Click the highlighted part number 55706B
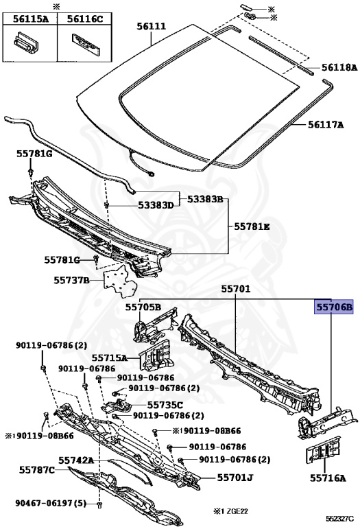tap(333, 307)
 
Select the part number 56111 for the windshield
tap(151, 26)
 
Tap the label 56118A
tap(339, 67)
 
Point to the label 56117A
tap(326, 125)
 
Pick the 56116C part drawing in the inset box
tap(86, 43)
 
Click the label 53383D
tap(156, 205)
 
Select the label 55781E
tap(252, 226)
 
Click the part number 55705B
tap(143, 307)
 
